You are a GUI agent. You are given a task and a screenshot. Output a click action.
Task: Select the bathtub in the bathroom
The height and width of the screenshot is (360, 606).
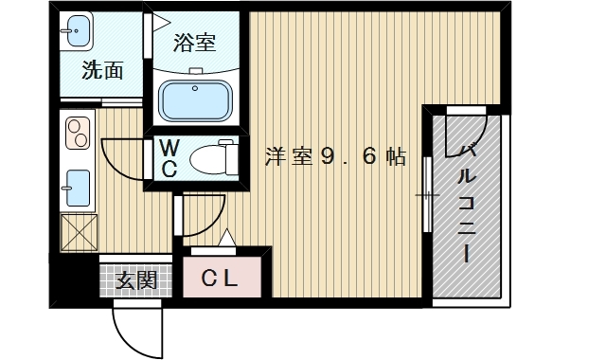(198, 98)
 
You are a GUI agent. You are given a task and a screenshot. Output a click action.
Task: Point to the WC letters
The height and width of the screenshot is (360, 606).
(169, 159)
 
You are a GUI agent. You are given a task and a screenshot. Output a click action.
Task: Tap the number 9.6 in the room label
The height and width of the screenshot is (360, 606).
(351, 157)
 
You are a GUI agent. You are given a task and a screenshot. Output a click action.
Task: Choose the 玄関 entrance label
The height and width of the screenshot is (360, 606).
(136, 280)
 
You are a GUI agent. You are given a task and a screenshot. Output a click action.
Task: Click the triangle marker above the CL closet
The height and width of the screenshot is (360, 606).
(226, 238)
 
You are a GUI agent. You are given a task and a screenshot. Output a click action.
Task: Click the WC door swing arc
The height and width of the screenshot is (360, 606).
(118, 156)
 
